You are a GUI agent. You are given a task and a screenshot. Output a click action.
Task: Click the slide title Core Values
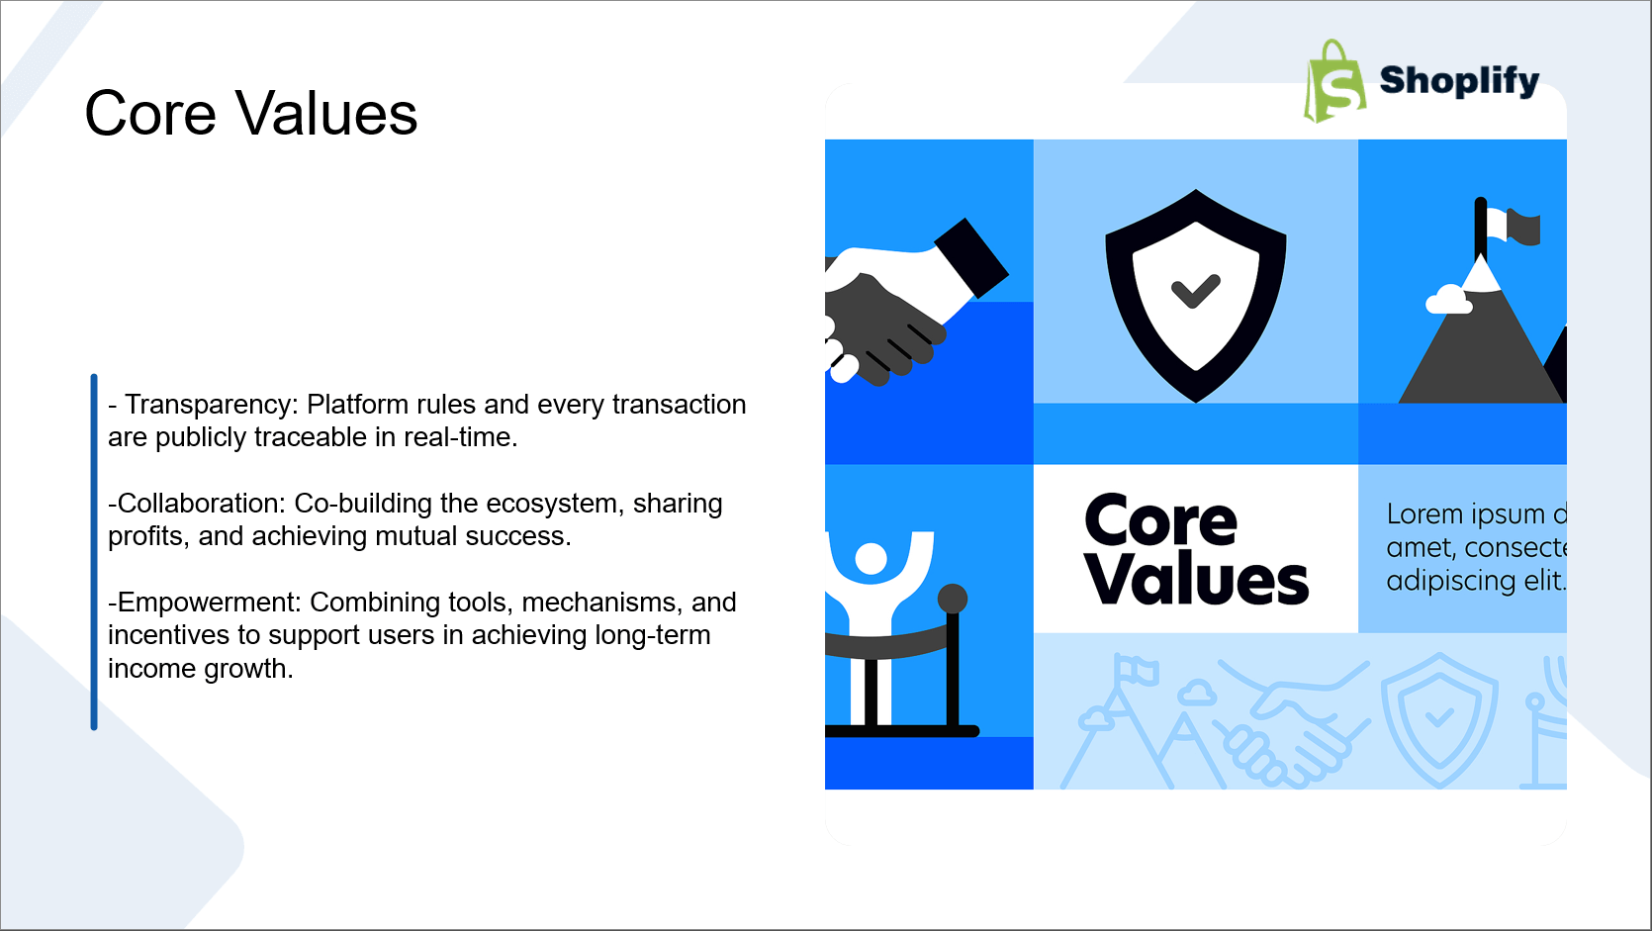click(x=250, y=114)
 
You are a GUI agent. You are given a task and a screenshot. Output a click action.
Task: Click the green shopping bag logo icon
click(x=1334, y=81)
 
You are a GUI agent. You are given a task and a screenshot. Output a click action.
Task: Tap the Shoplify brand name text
click(x=1459, y=80)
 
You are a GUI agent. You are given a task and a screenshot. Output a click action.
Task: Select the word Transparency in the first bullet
click(x=211, y=405)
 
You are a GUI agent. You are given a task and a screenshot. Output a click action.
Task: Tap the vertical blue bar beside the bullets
click(x=94, y=552)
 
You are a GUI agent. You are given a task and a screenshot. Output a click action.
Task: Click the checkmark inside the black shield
click(x=1196, y=291)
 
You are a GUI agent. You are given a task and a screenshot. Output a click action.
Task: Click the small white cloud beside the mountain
click(x=1448, y=300)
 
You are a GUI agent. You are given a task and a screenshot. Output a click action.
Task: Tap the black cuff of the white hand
click(x=971, y=258)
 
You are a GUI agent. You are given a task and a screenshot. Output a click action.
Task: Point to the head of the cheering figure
click(x=871, y=558)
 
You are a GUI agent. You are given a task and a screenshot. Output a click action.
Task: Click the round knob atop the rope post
click(x=952, y=599)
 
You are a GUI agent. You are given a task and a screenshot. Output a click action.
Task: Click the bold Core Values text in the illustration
click(x=1196, y=549)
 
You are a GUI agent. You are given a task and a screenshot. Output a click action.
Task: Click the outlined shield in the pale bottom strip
click(x=1439, y=719)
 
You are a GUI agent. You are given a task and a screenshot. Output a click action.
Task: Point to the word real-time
click(x=460, y=437)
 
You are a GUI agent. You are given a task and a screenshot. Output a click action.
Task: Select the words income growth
click(x=201, y=669)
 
